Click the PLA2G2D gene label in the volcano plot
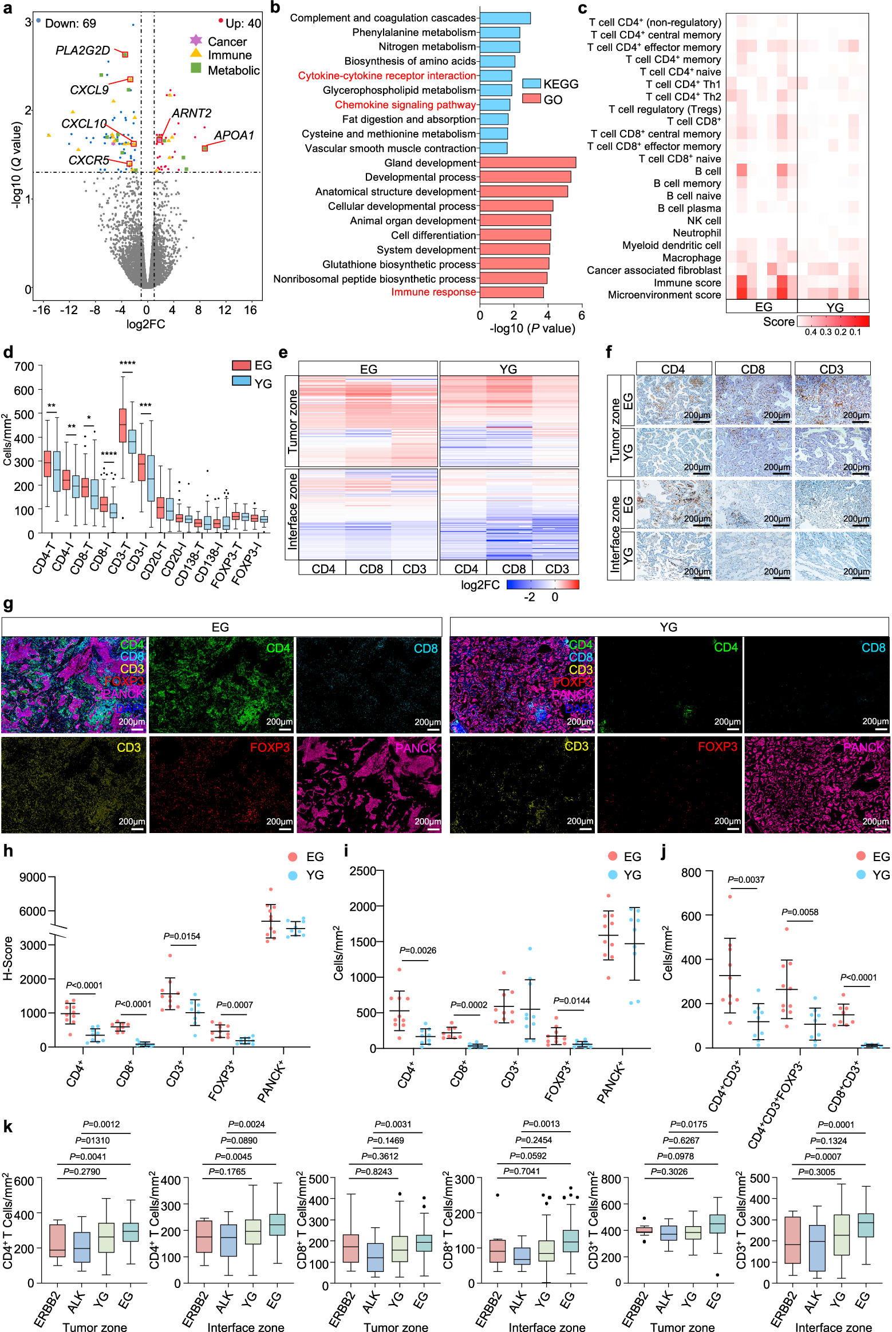[82, 50]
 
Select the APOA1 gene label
[234, 136]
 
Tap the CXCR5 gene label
[89, 160]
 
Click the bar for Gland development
[527, 162]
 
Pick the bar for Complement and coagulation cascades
[505, 18]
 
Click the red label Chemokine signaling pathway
[405, 105]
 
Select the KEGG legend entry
[560, 84]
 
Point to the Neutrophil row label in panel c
[697, 233]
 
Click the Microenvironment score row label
[664, 295]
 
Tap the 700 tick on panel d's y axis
[24, 366]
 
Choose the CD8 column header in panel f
[752, 369]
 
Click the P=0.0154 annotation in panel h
[181, 936]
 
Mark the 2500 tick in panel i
[362, 871]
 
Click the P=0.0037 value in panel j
[745, 879]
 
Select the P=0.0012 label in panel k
[101, 1124]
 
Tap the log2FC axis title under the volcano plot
[145, 324]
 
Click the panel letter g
[8, 604]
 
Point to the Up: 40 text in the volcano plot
[243, 23]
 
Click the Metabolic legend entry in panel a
[234, 70]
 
